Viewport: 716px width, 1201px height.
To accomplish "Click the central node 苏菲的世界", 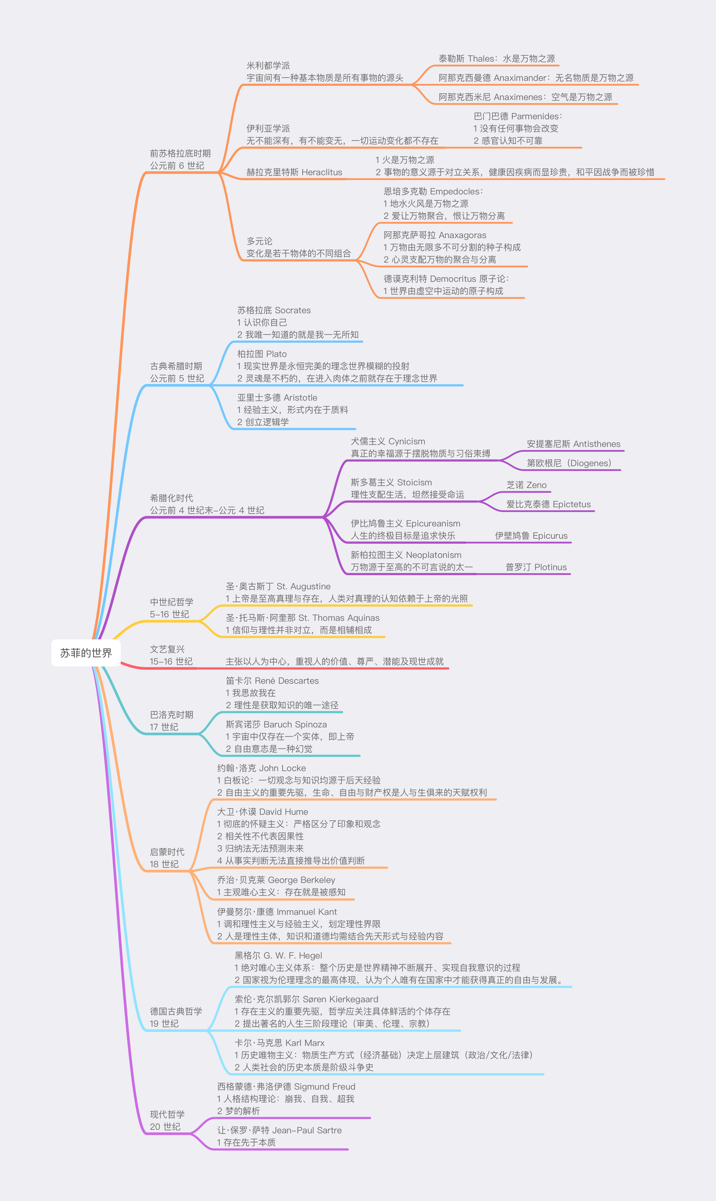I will (x=86, y=653).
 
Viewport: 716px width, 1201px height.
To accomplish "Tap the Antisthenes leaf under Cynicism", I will (x=573, y=444).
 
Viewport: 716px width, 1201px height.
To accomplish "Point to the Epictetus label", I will (x=548, y=504).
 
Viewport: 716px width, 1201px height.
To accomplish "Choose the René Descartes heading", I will (x=272, y=681).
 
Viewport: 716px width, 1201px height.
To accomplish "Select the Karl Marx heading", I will (x=279, y=1043).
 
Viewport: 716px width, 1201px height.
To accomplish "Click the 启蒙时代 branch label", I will (x=167, y=852).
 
